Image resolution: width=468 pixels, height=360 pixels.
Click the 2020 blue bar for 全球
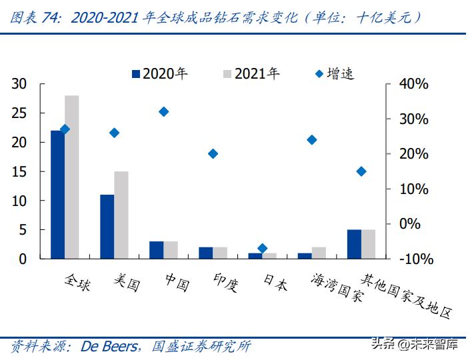pos(57,194)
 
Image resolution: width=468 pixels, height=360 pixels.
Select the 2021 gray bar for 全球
pos(71,177)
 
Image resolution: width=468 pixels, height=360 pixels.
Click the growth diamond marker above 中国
pos(163,112)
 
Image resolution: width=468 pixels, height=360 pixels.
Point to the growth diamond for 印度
pos(213,153)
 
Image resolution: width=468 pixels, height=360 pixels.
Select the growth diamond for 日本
pos(262,248)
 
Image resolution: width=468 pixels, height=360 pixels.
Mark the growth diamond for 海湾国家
pos(311,140)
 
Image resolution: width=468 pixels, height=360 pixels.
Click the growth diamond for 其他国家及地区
pos(361,171)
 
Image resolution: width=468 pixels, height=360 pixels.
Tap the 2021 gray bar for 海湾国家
pos(319,252)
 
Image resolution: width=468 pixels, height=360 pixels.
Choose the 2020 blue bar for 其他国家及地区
pos(353,243)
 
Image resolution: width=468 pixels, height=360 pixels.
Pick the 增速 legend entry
pos(335,73)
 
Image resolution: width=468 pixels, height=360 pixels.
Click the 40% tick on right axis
pos(413,84)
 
